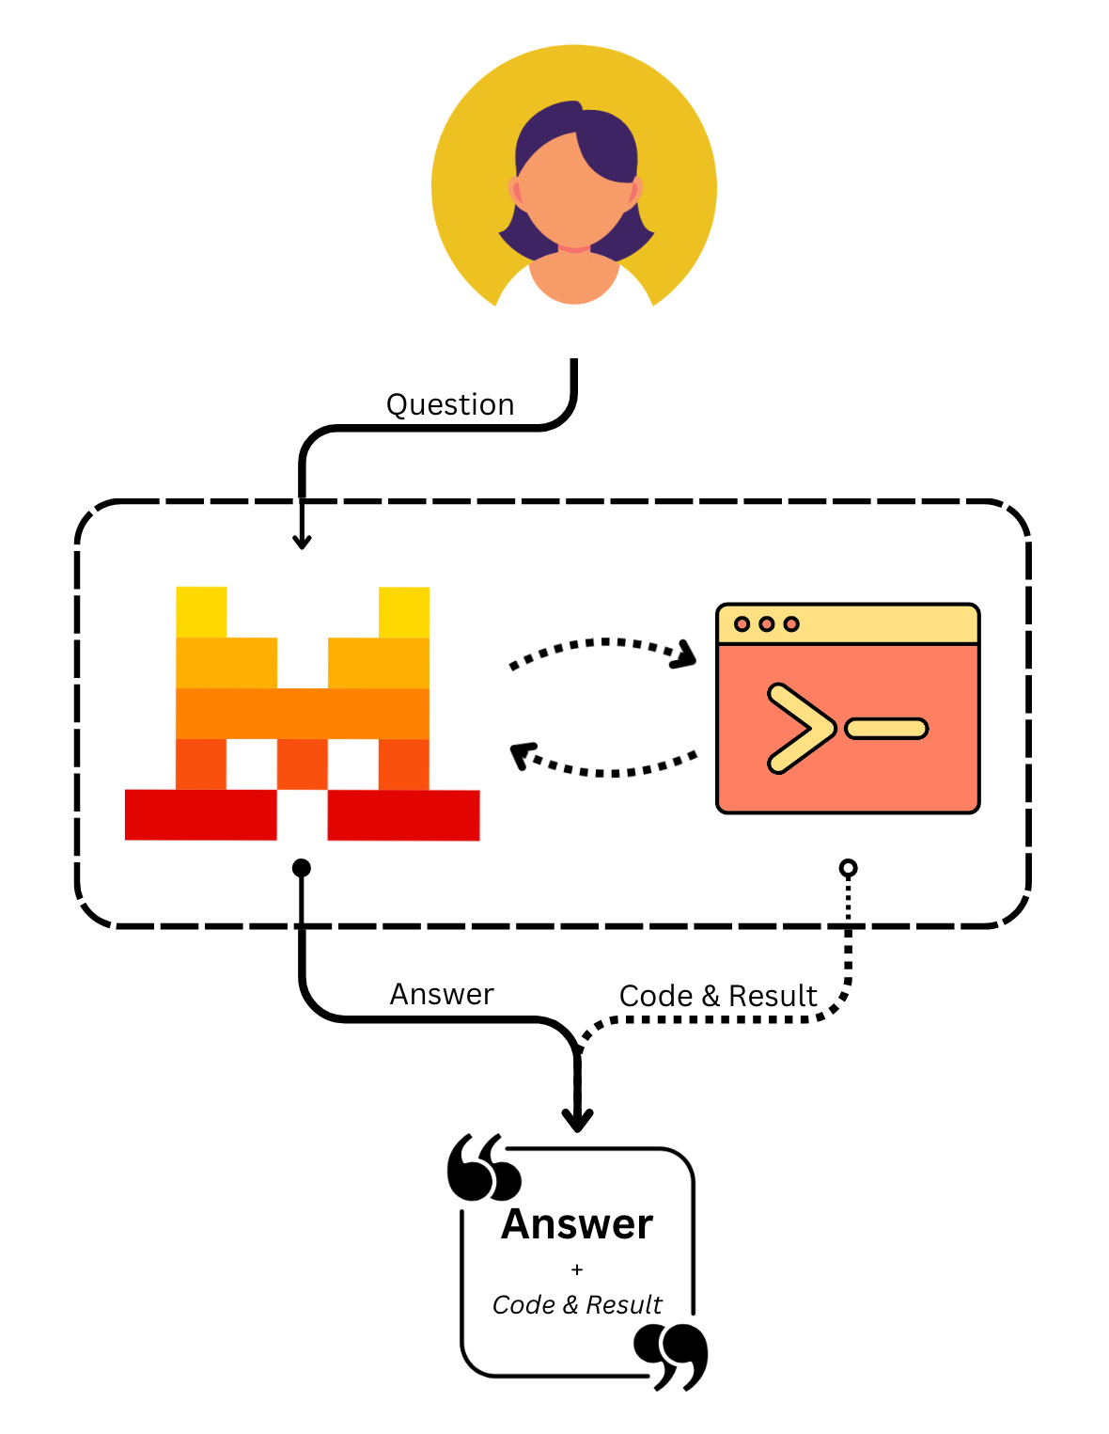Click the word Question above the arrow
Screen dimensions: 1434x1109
[x=450, y=404]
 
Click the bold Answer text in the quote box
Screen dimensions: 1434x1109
[x=577, y=1224]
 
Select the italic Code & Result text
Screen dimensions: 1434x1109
[x=577, y=1305]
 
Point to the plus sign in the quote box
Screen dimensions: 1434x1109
[x=577, y=1269]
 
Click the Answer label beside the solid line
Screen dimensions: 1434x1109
[x=442, y=994]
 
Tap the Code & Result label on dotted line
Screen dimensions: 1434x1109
[x=718, y=996]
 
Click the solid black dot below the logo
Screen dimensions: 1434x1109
[x=302, y=868]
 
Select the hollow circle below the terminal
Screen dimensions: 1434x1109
[x=848, y=868]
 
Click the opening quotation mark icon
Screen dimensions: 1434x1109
[x=484, y=1168]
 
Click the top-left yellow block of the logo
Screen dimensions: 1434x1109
[x=201, y=612]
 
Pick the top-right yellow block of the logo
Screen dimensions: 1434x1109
[x=404, y=612]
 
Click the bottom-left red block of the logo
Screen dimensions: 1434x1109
[x=200, y=814]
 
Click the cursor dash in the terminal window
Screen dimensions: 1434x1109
[x=886, y=729]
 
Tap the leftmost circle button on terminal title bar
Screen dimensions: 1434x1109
[x=742, y=624]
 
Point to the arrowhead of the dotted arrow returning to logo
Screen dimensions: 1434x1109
[x=522, y=755]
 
